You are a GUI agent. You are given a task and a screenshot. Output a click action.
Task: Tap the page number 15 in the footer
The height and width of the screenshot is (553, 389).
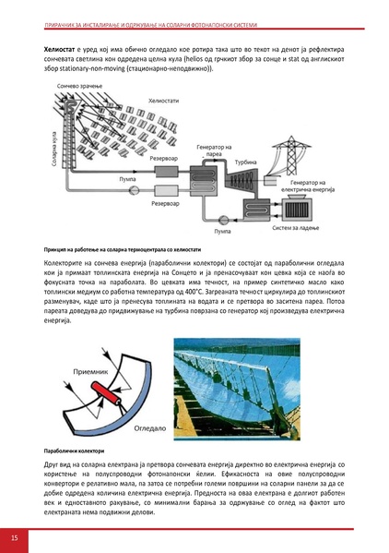15,537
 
